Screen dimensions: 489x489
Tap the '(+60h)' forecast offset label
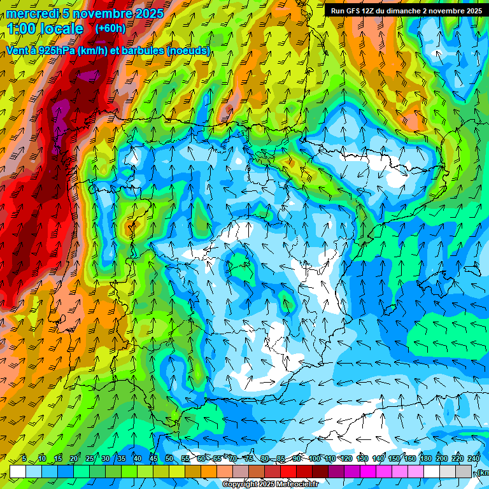110,29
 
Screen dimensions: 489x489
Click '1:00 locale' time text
45,29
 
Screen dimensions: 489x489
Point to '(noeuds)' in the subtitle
188,51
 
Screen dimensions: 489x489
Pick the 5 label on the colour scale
24,458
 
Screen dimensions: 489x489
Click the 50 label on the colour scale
169,458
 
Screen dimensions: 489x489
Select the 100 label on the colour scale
315,458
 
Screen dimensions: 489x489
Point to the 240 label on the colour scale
474,458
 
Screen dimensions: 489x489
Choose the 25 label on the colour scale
90,458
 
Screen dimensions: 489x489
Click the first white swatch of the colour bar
18,471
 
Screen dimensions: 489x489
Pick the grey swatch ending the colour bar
464,471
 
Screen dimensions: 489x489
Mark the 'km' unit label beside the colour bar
483,472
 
